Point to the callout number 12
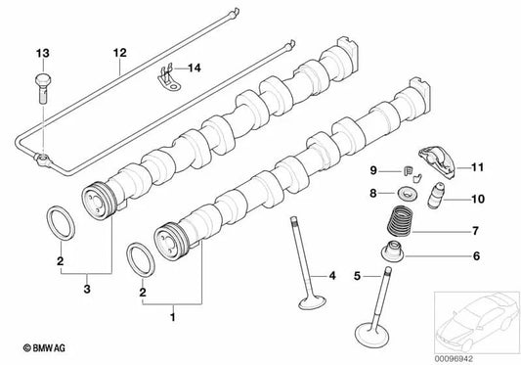click(x=119, y=51)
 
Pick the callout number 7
click(x=476, y=232)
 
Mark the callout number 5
click(x=359, y=276)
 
